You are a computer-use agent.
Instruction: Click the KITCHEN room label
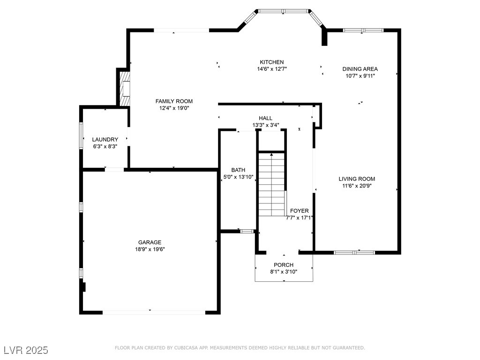[272, 62]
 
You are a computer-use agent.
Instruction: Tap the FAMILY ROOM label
[174, 101]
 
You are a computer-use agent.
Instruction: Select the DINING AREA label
[360, 69]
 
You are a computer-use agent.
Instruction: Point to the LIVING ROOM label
[357, 179]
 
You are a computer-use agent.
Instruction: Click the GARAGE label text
[150, 242]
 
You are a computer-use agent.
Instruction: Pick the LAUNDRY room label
[105, 140]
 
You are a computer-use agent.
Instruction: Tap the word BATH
[238, 170]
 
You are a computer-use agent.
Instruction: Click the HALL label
[265, 118]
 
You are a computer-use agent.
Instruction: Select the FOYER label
[300, 211]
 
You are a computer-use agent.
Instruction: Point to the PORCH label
[284, 265]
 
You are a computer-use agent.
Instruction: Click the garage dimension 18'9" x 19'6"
[150, 249]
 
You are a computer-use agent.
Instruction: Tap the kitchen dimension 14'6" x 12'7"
[272, 69]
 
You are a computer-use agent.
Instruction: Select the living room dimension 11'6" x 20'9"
[357, 186]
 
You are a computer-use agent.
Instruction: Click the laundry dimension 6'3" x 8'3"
[105, 147]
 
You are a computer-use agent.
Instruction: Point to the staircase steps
[272, 185]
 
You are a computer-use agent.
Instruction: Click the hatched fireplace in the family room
[125, 89]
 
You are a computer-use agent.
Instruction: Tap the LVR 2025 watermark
[26, 350]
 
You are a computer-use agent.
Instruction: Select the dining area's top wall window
[363, 30]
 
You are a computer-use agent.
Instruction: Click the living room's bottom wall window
[354, 253]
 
